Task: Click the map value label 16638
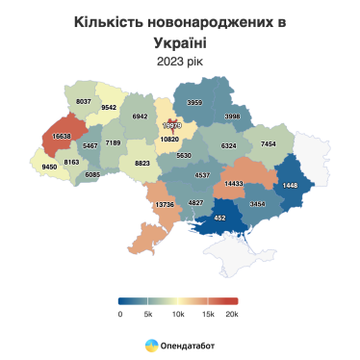pos(62,137)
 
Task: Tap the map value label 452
pos(219,218)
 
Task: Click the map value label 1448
pos(292,184)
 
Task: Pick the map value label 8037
pos(83,100)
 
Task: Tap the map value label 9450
pos(50,167)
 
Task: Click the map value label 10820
pos(169,140)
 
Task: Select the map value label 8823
pos(141,164)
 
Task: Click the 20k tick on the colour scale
pos(231,313)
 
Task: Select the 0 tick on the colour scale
pos(120,313)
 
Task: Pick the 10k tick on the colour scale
pos(176,313)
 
